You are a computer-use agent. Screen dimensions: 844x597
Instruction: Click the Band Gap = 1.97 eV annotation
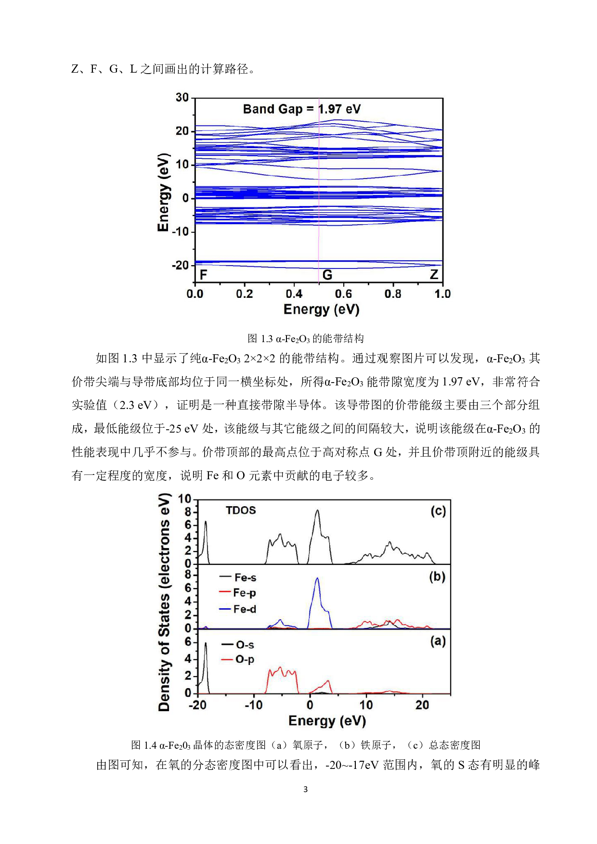(x=301, y=109)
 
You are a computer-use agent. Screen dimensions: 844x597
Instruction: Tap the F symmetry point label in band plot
(x=204, y=275)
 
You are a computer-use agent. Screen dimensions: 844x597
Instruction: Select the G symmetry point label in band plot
(x=327, y=275)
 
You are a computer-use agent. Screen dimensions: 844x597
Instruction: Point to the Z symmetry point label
(x=434, y=275)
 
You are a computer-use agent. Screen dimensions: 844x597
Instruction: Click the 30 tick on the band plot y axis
(x=182, y=98)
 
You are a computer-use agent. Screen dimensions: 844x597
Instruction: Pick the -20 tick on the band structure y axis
(x=180, y=265)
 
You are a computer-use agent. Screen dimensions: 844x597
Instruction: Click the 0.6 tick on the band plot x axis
(x=343, y=294)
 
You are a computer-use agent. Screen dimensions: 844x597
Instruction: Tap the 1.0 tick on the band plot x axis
(x=442, y=294)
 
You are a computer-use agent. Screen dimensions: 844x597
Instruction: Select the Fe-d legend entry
(x=238, y=609)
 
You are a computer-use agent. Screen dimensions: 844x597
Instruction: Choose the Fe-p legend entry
(x=238, y=593)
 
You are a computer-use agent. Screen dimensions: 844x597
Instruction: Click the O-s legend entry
(x=238, y=645)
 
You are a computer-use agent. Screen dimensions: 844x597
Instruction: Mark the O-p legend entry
(x=238, y=660)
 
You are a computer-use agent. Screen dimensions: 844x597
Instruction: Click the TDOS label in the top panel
(x=241, y=511)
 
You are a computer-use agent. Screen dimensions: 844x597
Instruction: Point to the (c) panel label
(x=438, y=511)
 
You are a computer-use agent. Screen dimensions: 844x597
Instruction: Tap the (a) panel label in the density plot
(x=438, y=641)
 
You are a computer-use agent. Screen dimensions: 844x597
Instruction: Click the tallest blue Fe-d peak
(x=317, y=579)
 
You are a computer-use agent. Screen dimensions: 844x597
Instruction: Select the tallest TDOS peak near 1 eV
(x=317, y=511)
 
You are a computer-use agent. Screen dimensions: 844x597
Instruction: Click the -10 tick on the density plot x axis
(x=254, y=705)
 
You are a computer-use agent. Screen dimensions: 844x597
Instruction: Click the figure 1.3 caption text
(x=305, y=339)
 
